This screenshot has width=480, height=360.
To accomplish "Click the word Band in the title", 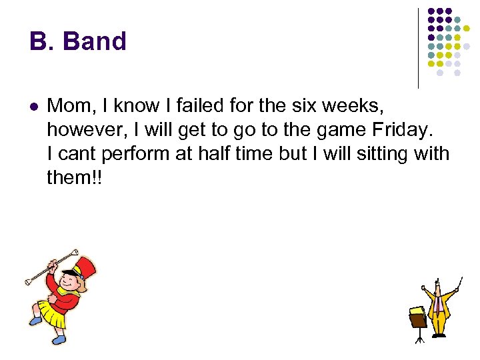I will tap(94, 41).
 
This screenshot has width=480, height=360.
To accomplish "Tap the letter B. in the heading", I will tap(42, 41).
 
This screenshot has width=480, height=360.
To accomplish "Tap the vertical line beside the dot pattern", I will tap(418, 48).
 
